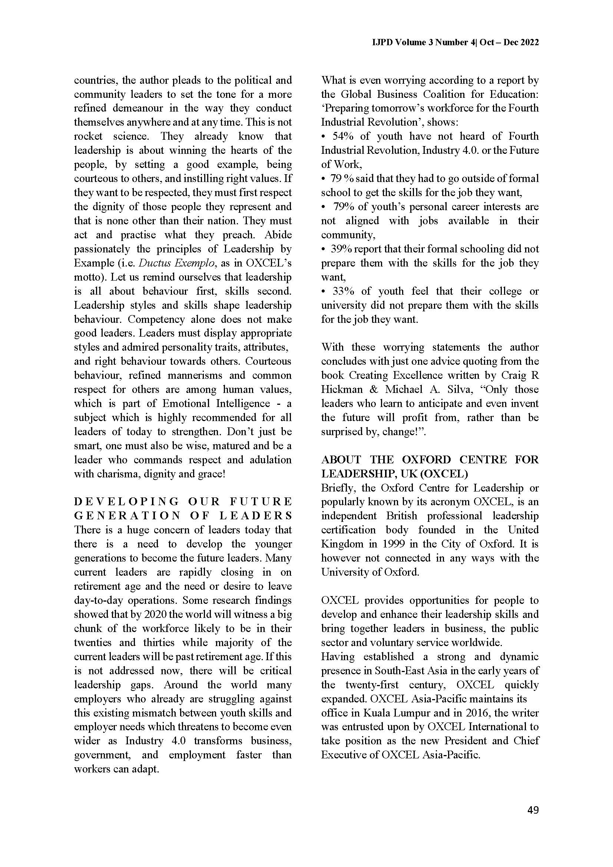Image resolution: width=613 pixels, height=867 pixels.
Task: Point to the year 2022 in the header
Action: click(530, 43)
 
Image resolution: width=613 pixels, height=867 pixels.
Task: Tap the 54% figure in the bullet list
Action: click(343, 136)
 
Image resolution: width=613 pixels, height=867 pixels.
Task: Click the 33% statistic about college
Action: click(343, 291)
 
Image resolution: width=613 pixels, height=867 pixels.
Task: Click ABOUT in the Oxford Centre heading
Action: click(341, 460)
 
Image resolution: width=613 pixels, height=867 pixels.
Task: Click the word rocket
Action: click(88, 136)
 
